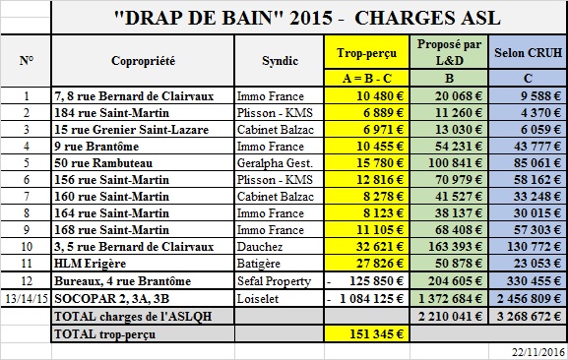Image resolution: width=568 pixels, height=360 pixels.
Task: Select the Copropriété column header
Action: click(144, 61)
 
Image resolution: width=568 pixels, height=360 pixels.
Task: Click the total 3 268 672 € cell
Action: click(529, 316)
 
